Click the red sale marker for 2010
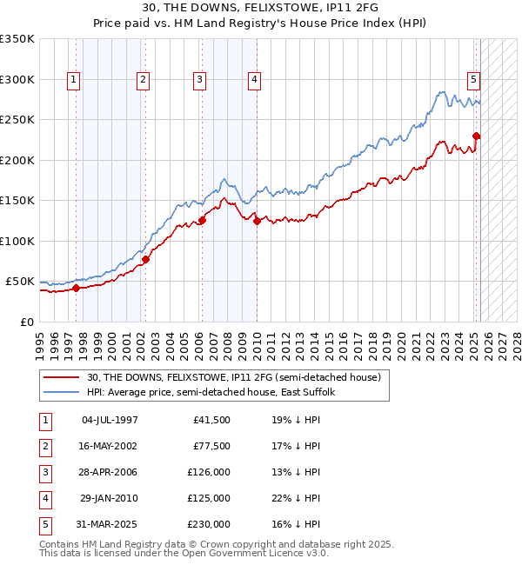(258, 222)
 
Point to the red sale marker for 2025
(477, 136)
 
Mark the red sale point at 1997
(76, 288)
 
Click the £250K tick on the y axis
(17, 120)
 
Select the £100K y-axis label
(17, 241)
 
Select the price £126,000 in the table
(210, 473)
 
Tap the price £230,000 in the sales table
(210, 524)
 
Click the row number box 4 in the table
(44, 499)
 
